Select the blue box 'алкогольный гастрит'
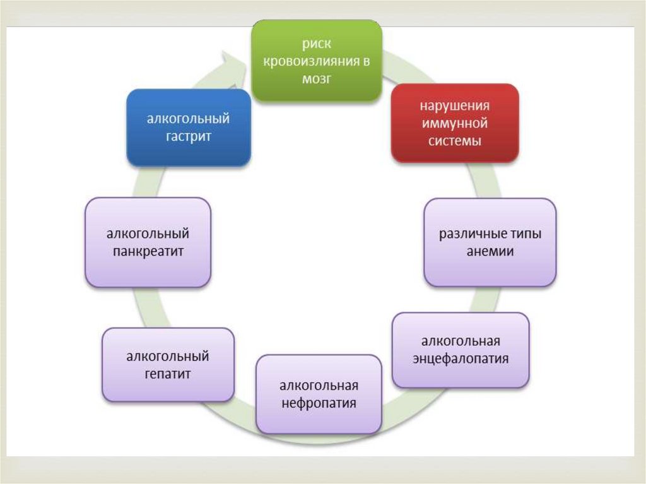pos(188,127)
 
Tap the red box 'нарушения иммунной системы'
pos(455,122)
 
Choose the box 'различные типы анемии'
pos(490,242)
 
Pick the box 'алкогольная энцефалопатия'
pos(461,350)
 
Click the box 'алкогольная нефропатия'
pos(319,394)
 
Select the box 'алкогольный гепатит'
pos(168,365)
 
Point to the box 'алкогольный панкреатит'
pos(148,242)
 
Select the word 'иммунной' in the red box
pos(454,123)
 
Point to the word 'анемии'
pos(490,251)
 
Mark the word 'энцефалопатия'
pos(461,358)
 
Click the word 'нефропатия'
pos(319,403)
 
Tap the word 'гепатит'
pos(167,374)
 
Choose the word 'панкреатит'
pos(148,251)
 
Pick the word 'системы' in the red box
pos(454,140)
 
